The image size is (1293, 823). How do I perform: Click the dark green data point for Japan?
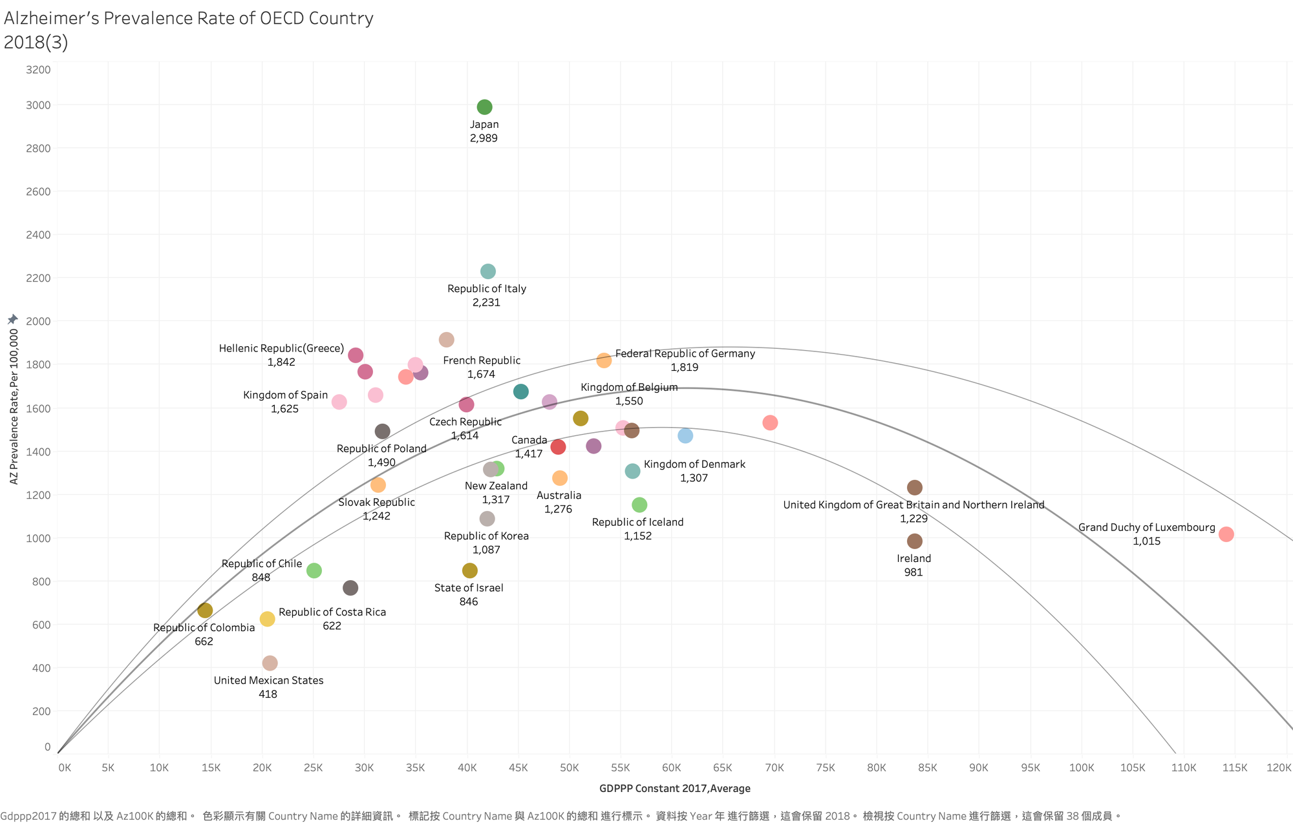click(484, 107)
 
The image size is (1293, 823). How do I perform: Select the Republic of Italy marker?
click(488, 271)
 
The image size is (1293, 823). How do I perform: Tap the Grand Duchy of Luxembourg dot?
click(1226, 534)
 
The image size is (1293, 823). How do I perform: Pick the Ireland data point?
click(914, 541)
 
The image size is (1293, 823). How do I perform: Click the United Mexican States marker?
click(270, 663)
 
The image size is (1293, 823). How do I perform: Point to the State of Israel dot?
click(470, 570)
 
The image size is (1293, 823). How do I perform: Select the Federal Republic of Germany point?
click(604, 360)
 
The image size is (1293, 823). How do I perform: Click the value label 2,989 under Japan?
click(484, 138)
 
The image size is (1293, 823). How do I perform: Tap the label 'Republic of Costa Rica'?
click(332, 612)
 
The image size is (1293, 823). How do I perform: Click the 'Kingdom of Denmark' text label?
click(694, 464)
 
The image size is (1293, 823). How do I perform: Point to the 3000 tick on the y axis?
click(38, 105)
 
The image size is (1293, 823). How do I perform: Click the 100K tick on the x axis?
click(1081, 768)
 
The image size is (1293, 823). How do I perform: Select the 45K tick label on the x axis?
click(518, 768)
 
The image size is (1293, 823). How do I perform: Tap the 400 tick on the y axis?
click(38, 668)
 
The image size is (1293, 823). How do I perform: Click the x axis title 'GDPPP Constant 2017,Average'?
click(674, 788)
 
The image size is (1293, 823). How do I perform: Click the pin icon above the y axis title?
click(13, 319)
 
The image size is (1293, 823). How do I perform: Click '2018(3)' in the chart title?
click(36, 43)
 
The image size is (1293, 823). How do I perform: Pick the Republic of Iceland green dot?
click(639, 505)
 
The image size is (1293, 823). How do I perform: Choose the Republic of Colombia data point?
click(205, 610)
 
